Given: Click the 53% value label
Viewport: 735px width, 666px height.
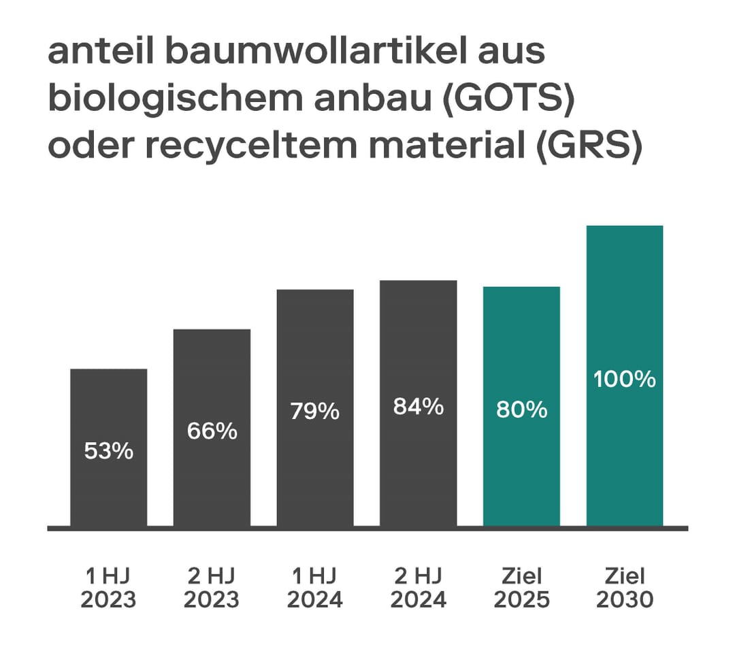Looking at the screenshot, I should (x=108, y=451).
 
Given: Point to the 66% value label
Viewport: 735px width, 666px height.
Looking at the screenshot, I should (x=212, y=431).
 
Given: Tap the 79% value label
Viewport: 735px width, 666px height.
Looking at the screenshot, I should (x=315, y=412).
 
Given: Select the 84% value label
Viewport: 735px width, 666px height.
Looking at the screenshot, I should (x=418, y=407).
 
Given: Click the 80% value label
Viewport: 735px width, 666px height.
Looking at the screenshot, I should (x=521, y=410).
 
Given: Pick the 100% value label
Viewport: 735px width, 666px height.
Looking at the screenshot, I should (x=625, y=380).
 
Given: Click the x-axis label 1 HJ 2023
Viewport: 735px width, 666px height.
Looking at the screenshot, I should (x=108, y=588).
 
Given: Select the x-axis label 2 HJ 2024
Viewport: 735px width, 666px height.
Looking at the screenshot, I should (x=418, y=588).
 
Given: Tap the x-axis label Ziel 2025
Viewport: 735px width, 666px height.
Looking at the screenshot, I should (x=521, y=588).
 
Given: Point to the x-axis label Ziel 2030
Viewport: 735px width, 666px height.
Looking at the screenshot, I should (x=625, y=588).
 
